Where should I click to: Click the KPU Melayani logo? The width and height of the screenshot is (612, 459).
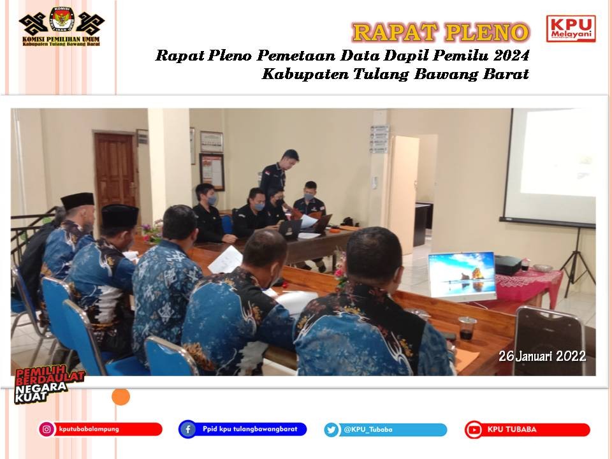coord(571,29)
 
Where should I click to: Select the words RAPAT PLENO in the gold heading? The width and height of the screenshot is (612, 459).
coord(441,32)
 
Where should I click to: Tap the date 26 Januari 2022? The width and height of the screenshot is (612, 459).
coord(542,356)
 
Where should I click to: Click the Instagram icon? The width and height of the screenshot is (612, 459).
coord(47,429)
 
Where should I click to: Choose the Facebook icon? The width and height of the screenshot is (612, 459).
coord(187,429)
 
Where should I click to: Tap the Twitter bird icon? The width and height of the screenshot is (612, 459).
coord(331,430)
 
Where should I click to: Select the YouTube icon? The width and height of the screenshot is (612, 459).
coord(474,430)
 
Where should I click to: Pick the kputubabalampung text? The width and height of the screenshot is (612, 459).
coord(89,429)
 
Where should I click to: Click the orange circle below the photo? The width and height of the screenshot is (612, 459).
coord(120,397)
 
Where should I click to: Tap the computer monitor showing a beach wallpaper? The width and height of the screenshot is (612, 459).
coord(462,275)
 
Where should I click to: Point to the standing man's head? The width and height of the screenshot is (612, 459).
coord(289,159)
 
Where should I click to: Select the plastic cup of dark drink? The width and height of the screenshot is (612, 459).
coord(467,328)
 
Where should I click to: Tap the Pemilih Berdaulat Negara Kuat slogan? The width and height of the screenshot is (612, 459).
coord(49,384)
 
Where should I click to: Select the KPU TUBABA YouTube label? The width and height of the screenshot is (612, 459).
coord(512,429)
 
